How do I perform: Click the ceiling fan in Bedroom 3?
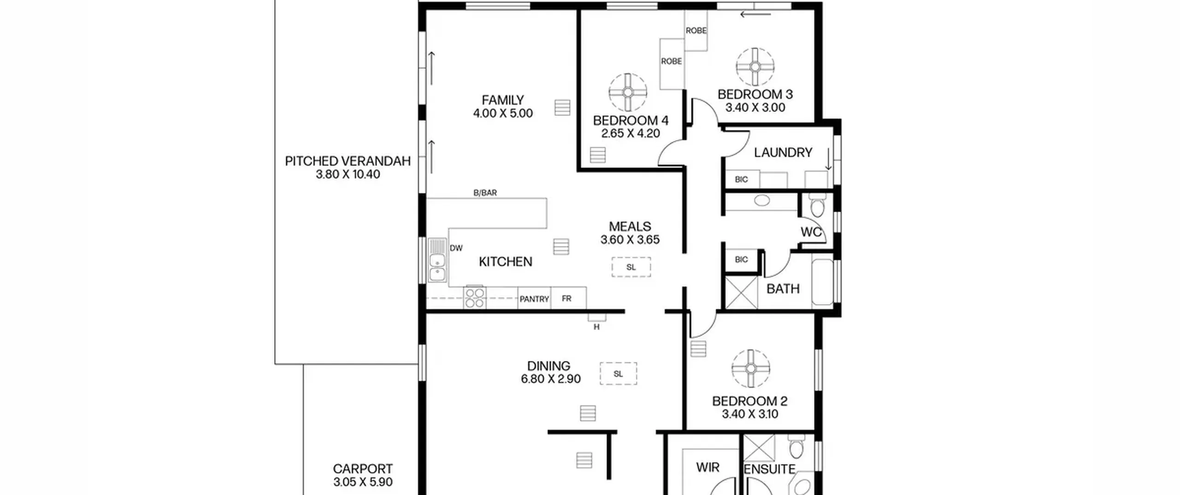(x=755, y=67)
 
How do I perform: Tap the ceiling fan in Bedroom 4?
(x=628, y=93)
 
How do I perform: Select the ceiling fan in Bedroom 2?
(x=751, y=368)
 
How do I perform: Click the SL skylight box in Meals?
(x=631, y=267)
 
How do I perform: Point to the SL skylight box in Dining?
(x=618, y=373)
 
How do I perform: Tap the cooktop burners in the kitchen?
(x=475, y=297)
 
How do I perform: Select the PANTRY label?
(x=534, y=299)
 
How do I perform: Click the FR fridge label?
(x=566, y=298)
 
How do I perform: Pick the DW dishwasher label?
(x=456, y=248)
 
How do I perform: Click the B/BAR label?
(x=485, y=192)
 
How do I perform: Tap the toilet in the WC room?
(x=817, y=205)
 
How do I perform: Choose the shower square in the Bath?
(x=742, y=292)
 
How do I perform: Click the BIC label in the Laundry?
(x=741, y=179)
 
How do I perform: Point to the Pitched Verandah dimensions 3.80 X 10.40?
(x=348, y=175)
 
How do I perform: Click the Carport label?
(x=363, y=469)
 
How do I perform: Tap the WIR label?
(x=708, y=467)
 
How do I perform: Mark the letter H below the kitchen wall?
(x=596, y=327)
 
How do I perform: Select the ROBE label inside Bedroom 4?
(x=671, y=61)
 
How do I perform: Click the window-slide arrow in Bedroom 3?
(x=755, y=14)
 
